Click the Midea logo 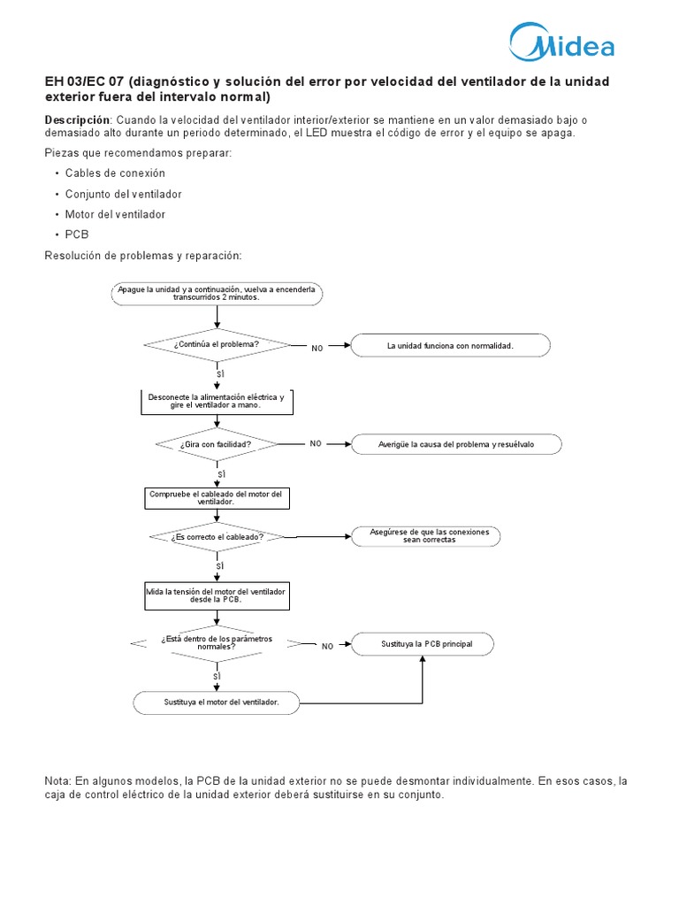[561, 42]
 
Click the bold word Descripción [77, 119]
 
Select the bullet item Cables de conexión [115, 173]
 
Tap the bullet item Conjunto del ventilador [123, 194]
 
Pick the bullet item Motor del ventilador [115, 214]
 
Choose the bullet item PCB [77, 234]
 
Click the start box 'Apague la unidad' [217, 293]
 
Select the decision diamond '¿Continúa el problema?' [217, 344]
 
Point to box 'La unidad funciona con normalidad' [450, 345]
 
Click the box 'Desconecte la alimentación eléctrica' [217, 402]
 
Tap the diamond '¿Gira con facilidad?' [217, 444]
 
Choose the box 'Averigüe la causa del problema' [456, 444]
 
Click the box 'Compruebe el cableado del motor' [216, 498]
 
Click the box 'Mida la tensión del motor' [217, 595]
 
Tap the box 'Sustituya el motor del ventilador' [217, 703]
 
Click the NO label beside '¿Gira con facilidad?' [316, 443]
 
